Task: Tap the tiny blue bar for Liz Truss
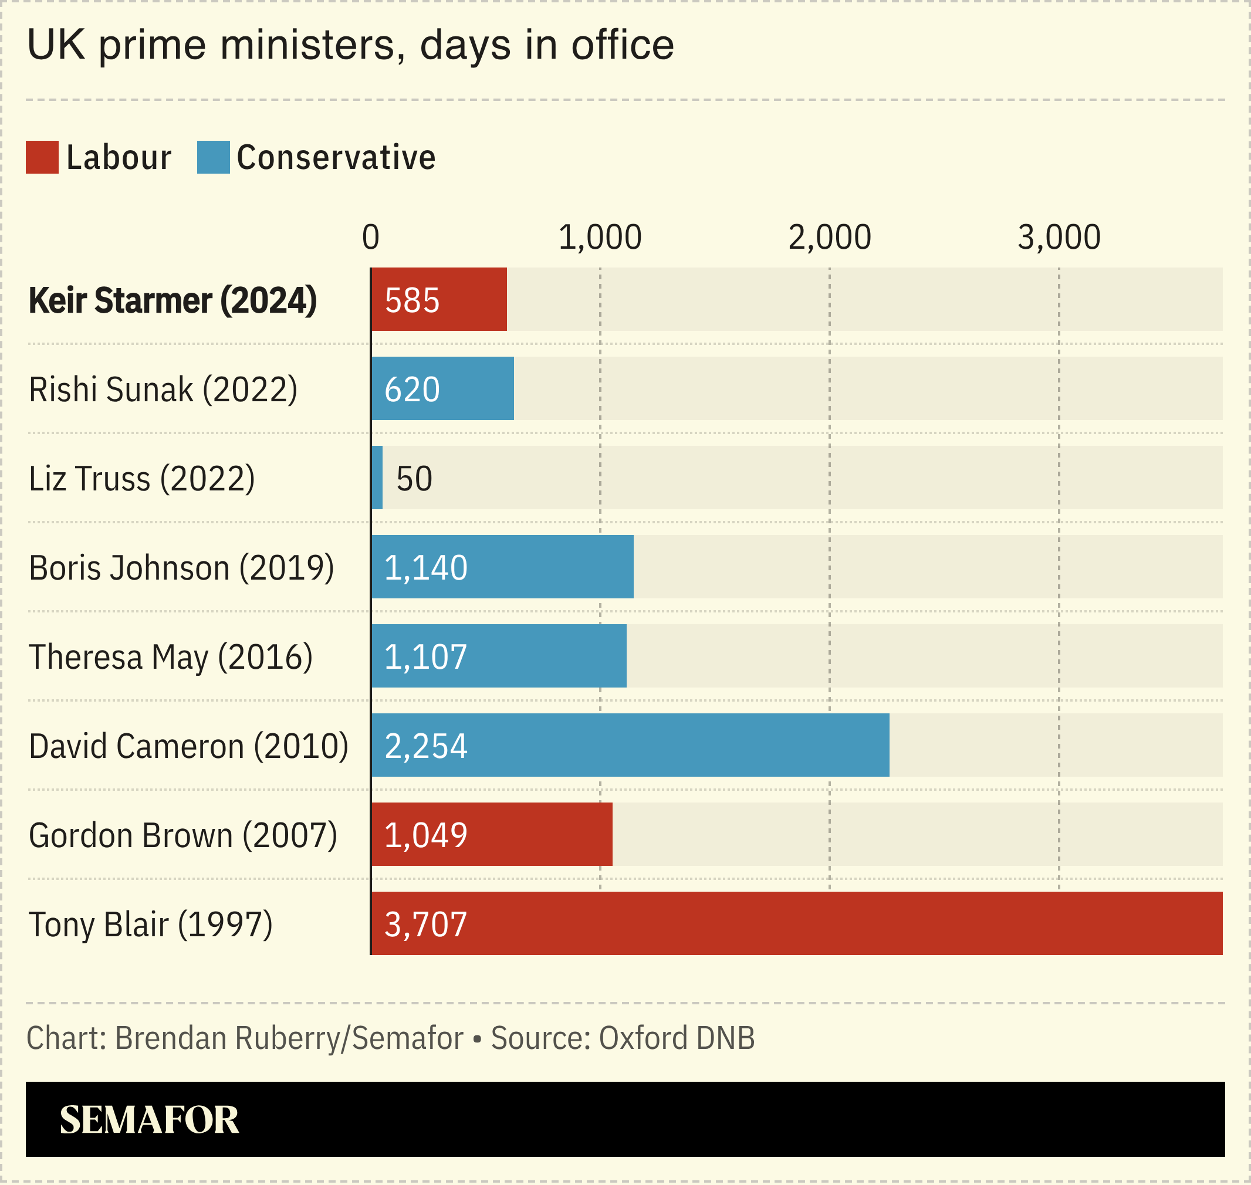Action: coord(377,478)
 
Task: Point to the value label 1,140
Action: coord(426,567)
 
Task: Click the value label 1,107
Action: coord(426,656)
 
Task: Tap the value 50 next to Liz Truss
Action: coord(414,478)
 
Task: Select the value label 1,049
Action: coord(426,834)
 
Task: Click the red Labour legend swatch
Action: coord(42,157)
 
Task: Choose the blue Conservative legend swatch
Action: coord(213,157)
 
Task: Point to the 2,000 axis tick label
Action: coord(829,238)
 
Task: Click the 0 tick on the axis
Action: coord(371,238)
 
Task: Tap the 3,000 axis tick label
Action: coord(1059,238)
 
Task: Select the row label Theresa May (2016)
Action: coord(171,657)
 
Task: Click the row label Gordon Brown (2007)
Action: coord(182,835)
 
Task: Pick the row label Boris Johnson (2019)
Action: coord(181,568)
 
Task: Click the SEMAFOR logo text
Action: coord(149,1119)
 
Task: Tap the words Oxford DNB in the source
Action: coord(676,1038)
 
